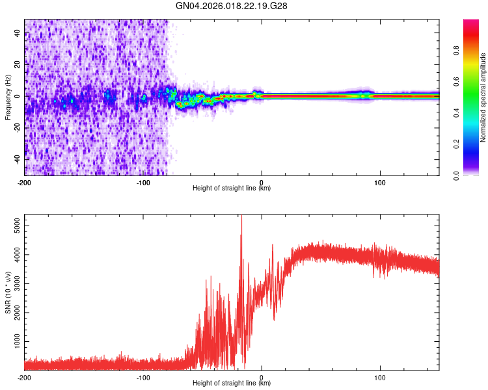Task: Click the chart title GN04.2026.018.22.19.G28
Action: click(x=232, y=6)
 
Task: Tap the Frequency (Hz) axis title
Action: click(x=8, y=97)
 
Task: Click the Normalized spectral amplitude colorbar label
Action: click(x=483, y=97)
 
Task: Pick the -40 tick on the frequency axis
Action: click(x=17, y=159)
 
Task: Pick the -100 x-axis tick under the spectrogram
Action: click(x=143, y=183)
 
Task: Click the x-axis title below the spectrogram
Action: click(x=232, y=188)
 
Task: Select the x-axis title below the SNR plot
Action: click(x=232, y=383)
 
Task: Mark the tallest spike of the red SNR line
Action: click(x=242, y=218)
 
